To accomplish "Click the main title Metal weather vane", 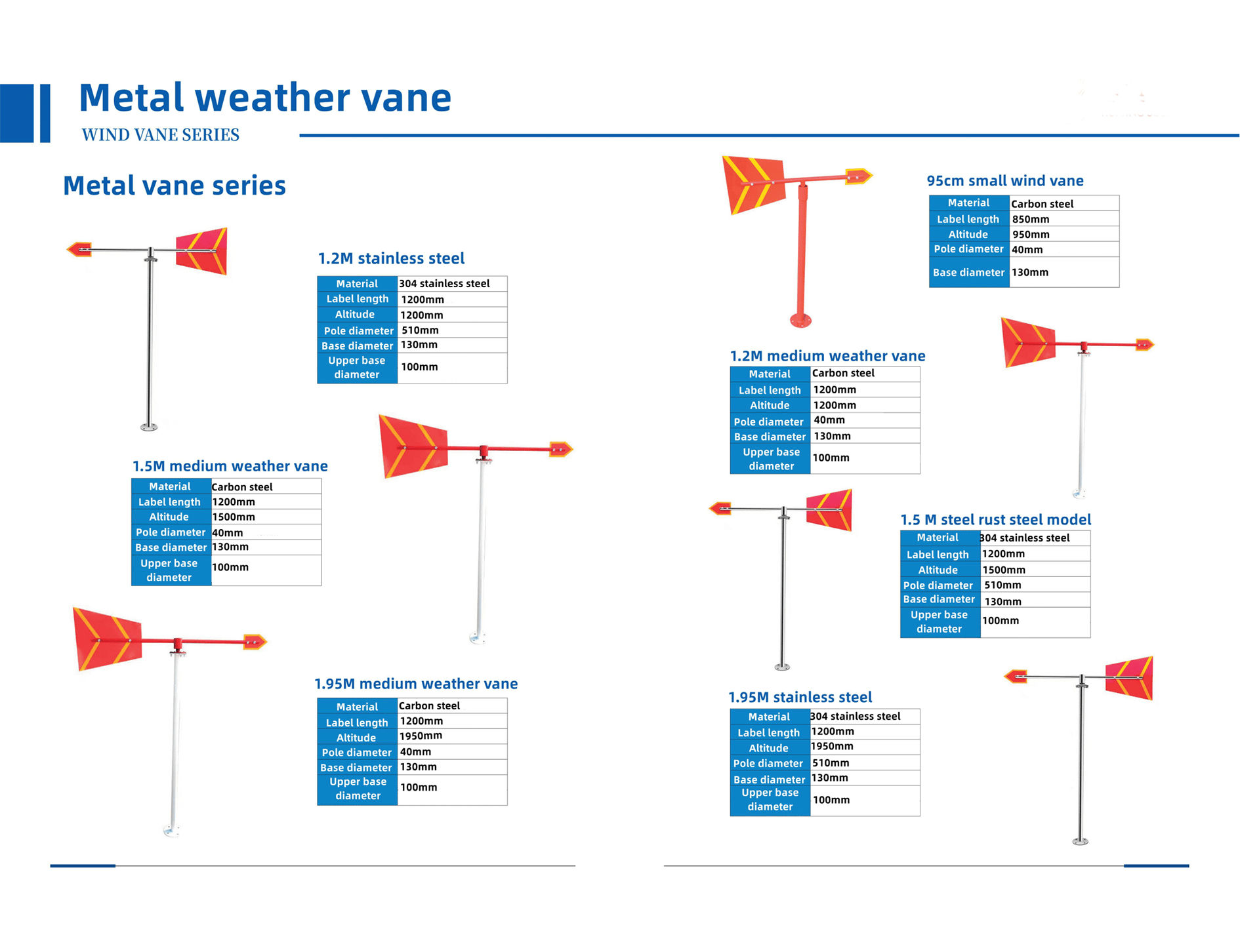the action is (265, 98).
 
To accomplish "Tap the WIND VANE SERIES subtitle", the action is (160, 135).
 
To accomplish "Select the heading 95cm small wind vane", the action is (1004, 181).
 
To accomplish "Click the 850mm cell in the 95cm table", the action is (1030, 219).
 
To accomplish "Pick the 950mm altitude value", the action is (1030, 234).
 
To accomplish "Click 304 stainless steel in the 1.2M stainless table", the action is (444, 283).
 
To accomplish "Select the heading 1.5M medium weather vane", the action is (230, 466).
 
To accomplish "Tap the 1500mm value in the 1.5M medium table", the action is (233, 517).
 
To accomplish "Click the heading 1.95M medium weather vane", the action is (416, 684).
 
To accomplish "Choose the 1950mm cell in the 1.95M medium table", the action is (421, 736).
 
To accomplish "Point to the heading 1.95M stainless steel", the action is (800, 697).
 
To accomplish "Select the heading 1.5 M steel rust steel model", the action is (995, 520).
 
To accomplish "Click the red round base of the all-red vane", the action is (800, 320).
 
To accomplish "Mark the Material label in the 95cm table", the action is (968, 203).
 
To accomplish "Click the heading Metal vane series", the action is (175, 186).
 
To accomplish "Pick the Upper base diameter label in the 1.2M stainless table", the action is (356, 367).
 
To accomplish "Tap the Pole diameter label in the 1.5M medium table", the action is (171, 532).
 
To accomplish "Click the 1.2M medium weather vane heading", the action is (827, 356).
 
